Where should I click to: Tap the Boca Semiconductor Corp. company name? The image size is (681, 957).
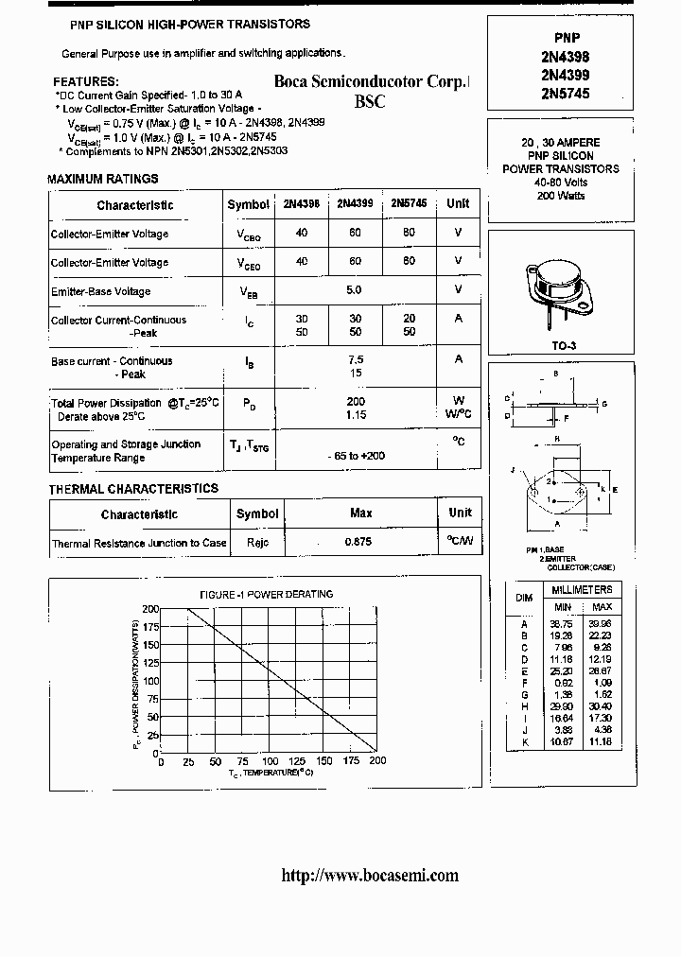(x=371, y=82)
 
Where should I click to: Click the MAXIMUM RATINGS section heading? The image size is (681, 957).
(x=102, y=179)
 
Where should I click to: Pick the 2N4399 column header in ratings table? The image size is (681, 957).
(x=355, y=204)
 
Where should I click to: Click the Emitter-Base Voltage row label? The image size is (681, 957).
(x=100, y=291)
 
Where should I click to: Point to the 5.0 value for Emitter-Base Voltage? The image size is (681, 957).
(x=355, y=290)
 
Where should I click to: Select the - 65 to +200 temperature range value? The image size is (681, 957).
(x=356, y=457)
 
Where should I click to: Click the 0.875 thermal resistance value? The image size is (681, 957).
(x=358, y=543)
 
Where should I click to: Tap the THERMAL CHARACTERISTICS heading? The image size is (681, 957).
(x=133, y=489)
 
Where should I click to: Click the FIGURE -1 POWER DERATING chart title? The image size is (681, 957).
(x=266, y=594)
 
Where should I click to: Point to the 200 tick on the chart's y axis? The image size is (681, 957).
(x=150, y=610)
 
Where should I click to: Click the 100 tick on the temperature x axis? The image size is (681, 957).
(x=270, y=761)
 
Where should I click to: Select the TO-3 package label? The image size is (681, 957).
(x=564, y=346)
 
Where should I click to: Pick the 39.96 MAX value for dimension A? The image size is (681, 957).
(x=601, y=624)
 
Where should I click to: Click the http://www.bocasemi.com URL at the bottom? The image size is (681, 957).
(x=370, y=875)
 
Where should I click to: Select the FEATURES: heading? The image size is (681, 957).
(x=85, y=82)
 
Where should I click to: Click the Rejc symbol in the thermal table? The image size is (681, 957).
(x=257, y=543)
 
